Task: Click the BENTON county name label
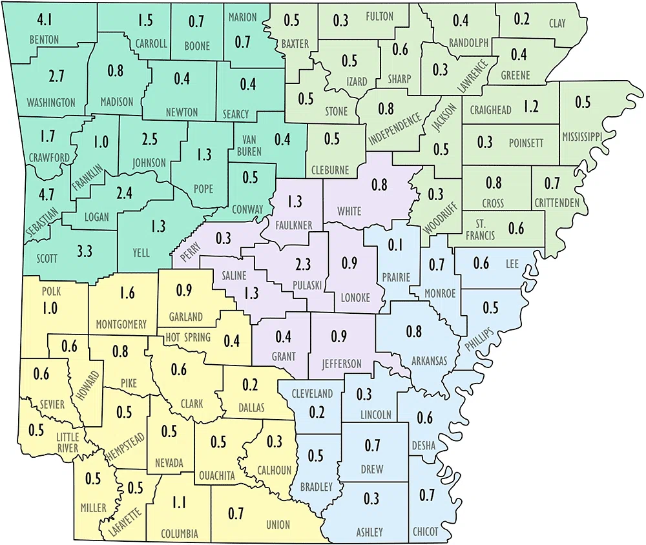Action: [43, 40]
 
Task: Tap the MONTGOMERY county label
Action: [120, 325]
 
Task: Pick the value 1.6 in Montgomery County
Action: [127, 294]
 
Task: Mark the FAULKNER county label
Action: [295, 224]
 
